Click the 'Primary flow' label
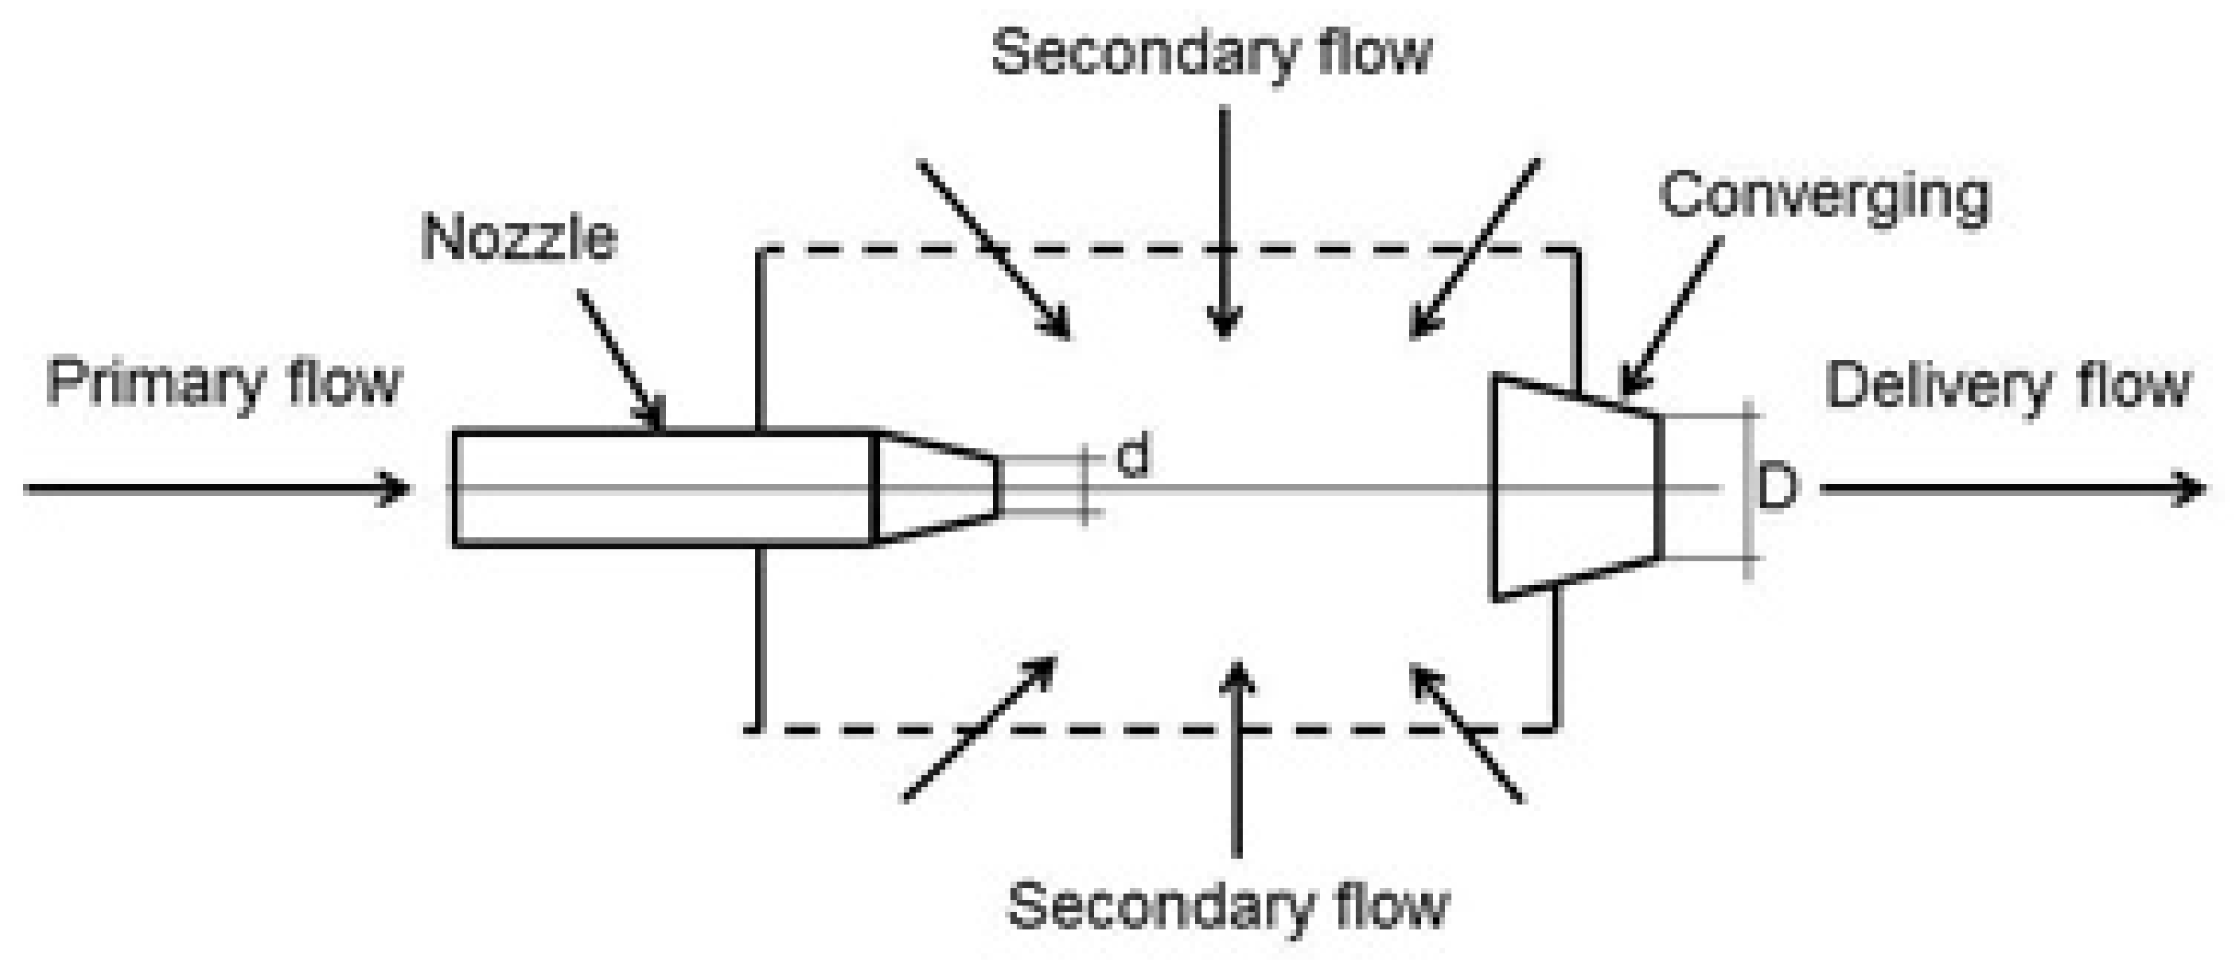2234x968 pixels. click(x=223, y=384)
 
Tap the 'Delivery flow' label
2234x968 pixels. click(x=2007, y=386)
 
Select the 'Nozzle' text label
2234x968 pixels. click(x=519, y=238)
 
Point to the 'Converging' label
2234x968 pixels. click(x=1824, y=197)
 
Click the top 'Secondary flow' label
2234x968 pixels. click(x=1212, y=52)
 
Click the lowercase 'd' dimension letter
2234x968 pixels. click(x=1134, y=456)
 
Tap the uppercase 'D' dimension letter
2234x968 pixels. click(x=1777, y=488)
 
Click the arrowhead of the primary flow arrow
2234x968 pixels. click(x=397, y=488)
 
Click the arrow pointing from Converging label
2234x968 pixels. click(x=1670, y=317)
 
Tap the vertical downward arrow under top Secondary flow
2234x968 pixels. click(x=1224, y=220)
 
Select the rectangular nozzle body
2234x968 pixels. click(x=661, y=488)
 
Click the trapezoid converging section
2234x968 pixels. click(x=1575, y=488)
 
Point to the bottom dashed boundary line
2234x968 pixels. click(x=1148, y=730)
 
